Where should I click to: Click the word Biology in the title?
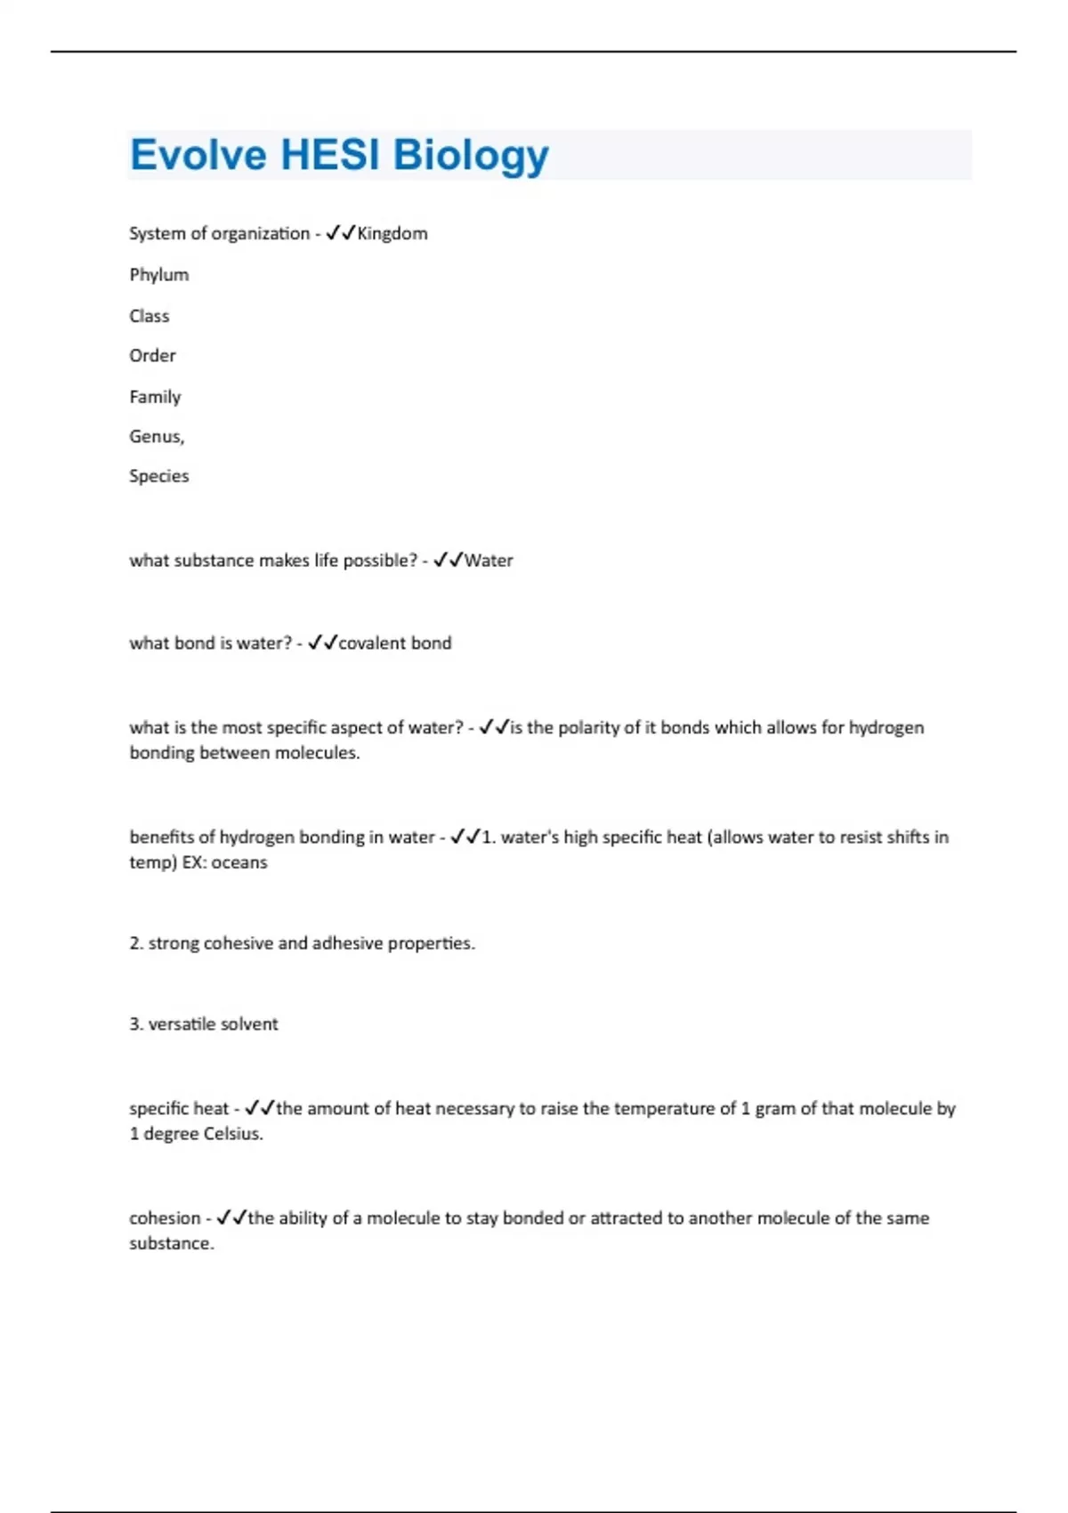pos(471,157)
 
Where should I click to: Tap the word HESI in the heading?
pos(329,155)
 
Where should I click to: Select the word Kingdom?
pos(392,233)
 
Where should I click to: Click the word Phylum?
pos(158,275)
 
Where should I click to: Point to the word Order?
pos(152,356)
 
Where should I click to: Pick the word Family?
pos(155,397)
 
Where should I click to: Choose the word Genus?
pos(156,437)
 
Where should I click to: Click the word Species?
pos(158,476)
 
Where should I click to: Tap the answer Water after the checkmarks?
pos(489,561)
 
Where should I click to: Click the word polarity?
pos(587,728)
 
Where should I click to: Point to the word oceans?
pos(239,862)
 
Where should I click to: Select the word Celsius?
pos(233,1134)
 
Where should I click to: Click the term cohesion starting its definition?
pos(165,1218)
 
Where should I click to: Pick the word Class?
pos(149,316)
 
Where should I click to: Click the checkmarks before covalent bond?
pos(322,643)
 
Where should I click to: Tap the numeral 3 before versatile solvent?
pos(134,1024)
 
